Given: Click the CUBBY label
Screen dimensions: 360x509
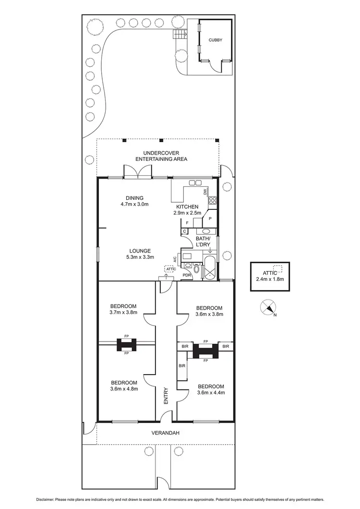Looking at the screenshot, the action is pos(215,41).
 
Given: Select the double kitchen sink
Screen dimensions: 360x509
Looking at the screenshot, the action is pos(195,182).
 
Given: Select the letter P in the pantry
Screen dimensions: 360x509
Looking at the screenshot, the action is pos(210,218).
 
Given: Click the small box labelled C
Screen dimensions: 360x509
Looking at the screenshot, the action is pos(185,231).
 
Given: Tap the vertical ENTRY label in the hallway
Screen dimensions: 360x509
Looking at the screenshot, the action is pos(166,395).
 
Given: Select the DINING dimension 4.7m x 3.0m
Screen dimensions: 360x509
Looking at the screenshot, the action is pos(134,204).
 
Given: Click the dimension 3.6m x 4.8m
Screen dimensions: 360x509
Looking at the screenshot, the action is pos(124,389).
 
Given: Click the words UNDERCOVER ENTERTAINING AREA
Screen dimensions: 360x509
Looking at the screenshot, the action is pos(161,156).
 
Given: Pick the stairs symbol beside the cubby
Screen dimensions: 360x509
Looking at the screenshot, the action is pos(179,35).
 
